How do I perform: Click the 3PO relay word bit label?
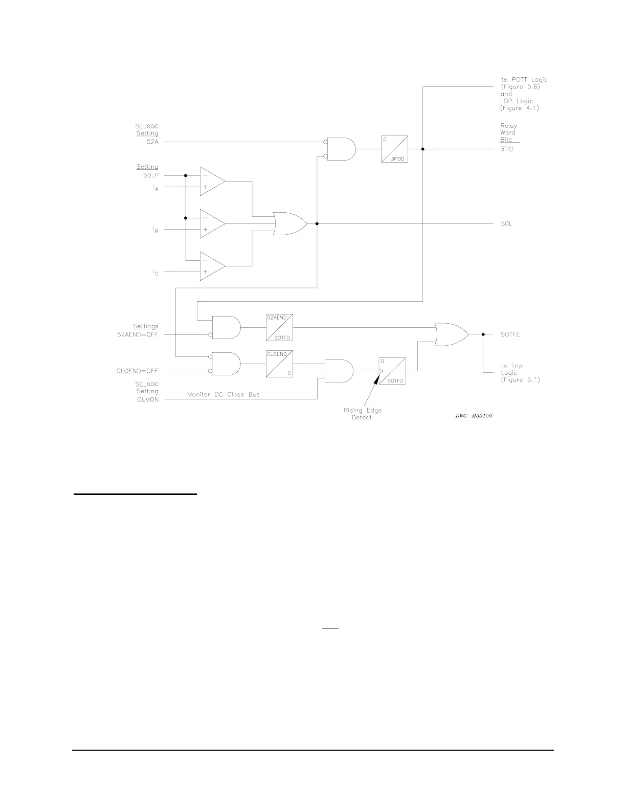pyautogui.click(x=507, y=149)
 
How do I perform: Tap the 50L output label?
pyautogui.click(x=506, y=224)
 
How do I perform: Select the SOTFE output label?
pyautogui.click(x=510, y=334)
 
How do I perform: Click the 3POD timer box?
pyautogui.click(x=394, y=149)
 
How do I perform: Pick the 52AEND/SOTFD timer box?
pyautogui.click(x=279, y=327)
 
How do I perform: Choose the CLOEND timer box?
pyautogui.click(x=279, y=364)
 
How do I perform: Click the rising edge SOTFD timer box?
pyautogui.click(x=392, y=371)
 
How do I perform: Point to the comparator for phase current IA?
pyautogui.click(x=212, y=181)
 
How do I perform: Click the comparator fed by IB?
pyautogui.click(x=212, y=223)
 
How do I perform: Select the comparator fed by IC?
pyautogui.click(x=212, y=266)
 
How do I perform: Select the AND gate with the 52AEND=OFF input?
pyautogui.click(x=226, y=327)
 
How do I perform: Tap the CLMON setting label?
pyautogui.click(x=148, y=399)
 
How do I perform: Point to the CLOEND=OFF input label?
pyautogui.click(x=138, y=371)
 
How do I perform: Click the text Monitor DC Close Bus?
pyautogui.click(x=223, y=394)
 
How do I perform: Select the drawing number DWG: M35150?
pyautogui.click(x=474, y=416)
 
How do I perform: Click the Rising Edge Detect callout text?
pyautogui.click(x=362, y=414)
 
